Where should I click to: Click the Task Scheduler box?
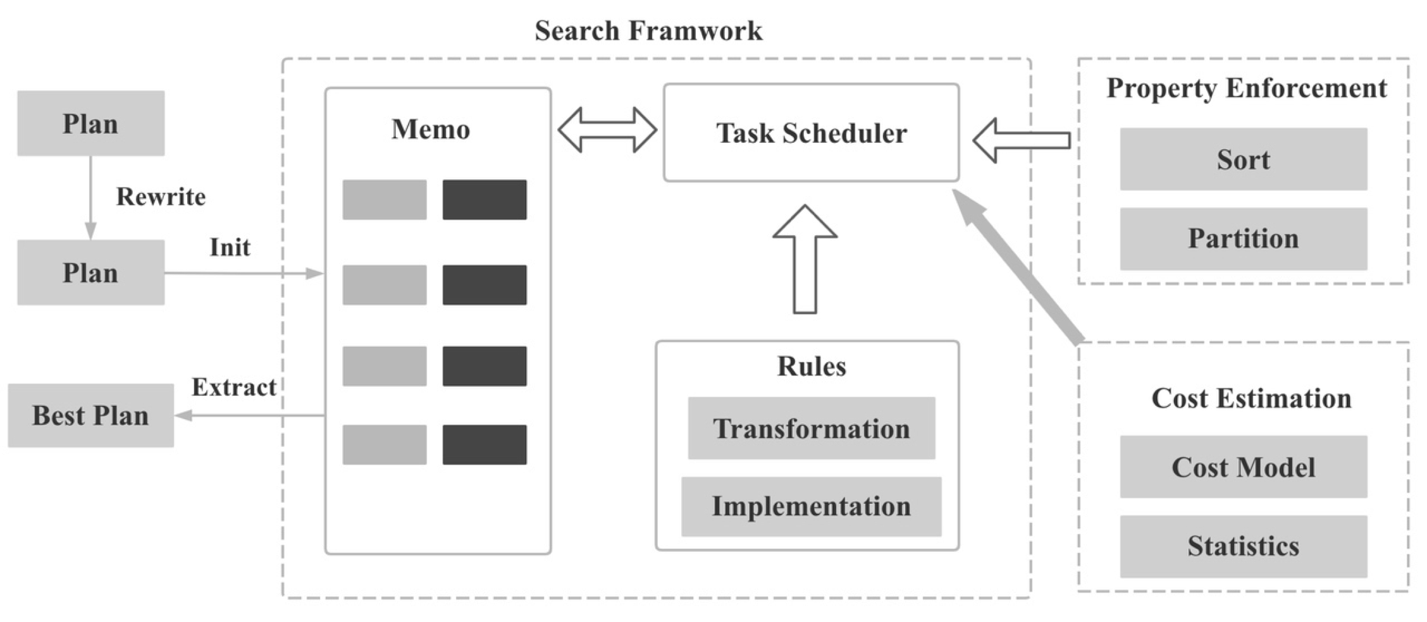tap(811, 133)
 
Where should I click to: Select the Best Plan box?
tap(90, 415)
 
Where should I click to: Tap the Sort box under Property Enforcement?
tap(1243, 159)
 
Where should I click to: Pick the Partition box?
tap(1243, 239)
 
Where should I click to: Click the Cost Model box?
tap(1243, 467)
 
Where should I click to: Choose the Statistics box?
tap(1243, 546)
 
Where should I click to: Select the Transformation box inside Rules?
tap(811, 429)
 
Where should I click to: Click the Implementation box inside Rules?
tap(811, 506)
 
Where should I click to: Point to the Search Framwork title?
tap(648, 30)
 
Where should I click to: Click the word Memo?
tap(430, 130)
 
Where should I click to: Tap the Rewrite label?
tap(161, 197)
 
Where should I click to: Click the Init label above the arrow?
tap(230, 247)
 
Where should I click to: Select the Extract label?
tap(233, 387)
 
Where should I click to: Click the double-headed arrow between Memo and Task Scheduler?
tap(607, 130)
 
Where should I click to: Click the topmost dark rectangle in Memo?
tap(484, 200)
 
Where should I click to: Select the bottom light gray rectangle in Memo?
tap(384, 444)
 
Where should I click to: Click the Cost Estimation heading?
tap(1251, 398)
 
